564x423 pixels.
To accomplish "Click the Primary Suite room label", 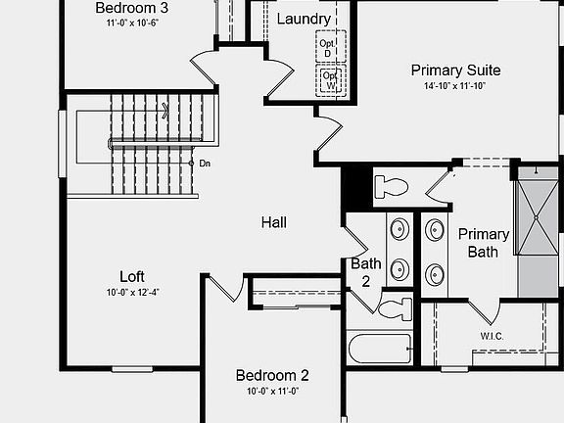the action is click(455, 70).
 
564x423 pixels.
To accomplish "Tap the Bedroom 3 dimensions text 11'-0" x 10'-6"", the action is click(132, 23).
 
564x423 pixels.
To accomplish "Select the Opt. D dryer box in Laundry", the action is click(331, 46).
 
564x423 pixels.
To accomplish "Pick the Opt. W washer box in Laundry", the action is click(331, 80).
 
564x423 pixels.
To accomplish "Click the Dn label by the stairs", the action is click(205, 164).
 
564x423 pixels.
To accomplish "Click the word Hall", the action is click(274, 222).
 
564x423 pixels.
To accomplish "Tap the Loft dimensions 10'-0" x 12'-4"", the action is click(132, 292).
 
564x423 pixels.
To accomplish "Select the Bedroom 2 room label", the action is click(272, 376).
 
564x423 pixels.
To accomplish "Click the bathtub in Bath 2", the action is click(380, 349).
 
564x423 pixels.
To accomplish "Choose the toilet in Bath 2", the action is click(396, 309).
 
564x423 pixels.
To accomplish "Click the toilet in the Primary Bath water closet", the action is click(391, 187).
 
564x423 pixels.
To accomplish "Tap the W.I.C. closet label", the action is click(492, 336).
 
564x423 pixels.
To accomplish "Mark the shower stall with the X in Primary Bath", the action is click(536, 217).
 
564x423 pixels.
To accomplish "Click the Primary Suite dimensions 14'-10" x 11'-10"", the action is click(455, 86).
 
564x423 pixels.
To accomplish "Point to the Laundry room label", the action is click(304, 19).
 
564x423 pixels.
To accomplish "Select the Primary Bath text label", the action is click(484, 243).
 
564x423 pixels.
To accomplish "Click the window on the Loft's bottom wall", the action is click(132, 369).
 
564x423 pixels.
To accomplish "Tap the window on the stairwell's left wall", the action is click(63, 144).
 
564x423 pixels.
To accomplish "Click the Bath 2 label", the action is click(366, 272).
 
